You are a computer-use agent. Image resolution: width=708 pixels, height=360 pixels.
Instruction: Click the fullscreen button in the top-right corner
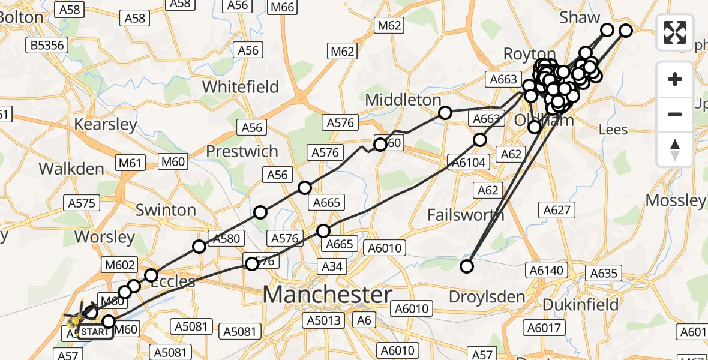click(x=675, y=32)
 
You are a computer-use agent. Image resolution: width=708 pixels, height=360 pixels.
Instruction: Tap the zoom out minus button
click(x=675, y=114)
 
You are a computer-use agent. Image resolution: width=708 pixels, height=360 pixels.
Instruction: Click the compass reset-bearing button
click(x=675, y=149)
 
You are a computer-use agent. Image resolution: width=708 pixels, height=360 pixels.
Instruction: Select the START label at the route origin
click(x=95, y=332)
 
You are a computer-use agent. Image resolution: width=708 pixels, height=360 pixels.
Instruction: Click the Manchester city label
click(x=327, y=295)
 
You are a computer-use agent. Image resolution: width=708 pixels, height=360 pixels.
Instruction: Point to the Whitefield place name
click(x=241, y=86)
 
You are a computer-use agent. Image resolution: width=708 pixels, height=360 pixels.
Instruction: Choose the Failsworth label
click(x=466, y=214)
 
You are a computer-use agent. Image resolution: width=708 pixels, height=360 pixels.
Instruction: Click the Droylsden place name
click(x=487, y=297)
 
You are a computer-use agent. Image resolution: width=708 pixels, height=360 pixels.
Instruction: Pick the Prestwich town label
click(x=242, y=151)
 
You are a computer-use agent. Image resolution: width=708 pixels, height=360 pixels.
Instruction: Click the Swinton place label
click(x=166, y=210)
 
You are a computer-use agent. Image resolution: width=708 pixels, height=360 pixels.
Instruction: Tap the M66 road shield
click(x=283, y=7)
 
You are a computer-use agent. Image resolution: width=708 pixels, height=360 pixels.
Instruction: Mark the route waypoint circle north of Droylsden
click(x=466, y=266)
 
